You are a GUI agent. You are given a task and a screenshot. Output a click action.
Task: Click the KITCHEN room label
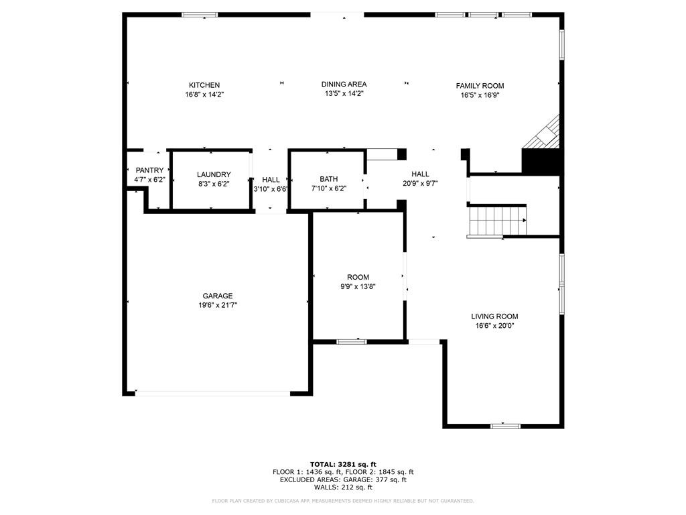(x=204, y=85)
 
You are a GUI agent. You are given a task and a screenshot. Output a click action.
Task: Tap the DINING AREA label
(x=344, y=84)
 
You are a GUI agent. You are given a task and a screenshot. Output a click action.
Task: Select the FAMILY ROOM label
(x=480, y=86)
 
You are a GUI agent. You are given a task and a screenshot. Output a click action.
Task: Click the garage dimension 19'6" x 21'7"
(x=218, y=305)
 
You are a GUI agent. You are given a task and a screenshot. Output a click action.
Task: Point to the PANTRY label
(x=149, y=170)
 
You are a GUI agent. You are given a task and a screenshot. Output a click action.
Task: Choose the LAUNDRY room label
(x=214, y=174)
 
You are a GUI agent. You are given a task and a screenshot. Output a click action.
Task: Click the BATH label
(x=328, y=179)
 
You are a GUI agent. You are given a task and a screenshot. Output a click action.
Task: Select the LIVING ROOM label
(x=494, y=317)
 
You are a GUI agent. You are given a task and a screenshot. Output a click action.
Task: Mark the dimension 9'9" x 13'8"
(x=358, y=286)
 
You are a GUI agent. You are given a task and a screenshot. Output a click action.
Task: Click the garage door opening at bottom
(x=213, y=393)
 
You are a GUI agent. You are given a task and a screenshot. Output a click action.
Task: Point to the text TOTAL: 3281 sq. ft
(x=343, y=464)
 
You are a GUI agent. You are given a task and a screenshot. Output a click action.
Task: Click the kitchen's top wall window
(x=200, y=14)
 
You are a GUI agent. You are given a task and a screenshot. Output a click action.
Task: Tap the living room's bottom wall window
(x=505, y=425)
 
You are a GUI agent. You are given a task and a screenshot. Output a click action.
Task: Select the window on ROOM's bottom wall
(x=352, y=342)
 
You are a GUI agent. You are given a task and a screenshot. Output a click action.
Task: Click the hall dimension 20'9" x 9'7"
(x=420, y=183)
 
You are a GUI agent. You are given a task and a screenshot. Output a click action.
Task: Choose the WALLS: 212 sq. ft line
(x=343, y=488)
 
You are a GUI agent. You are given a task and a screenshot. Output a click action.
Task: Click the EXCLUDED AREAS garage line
(x=343, y=479)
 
